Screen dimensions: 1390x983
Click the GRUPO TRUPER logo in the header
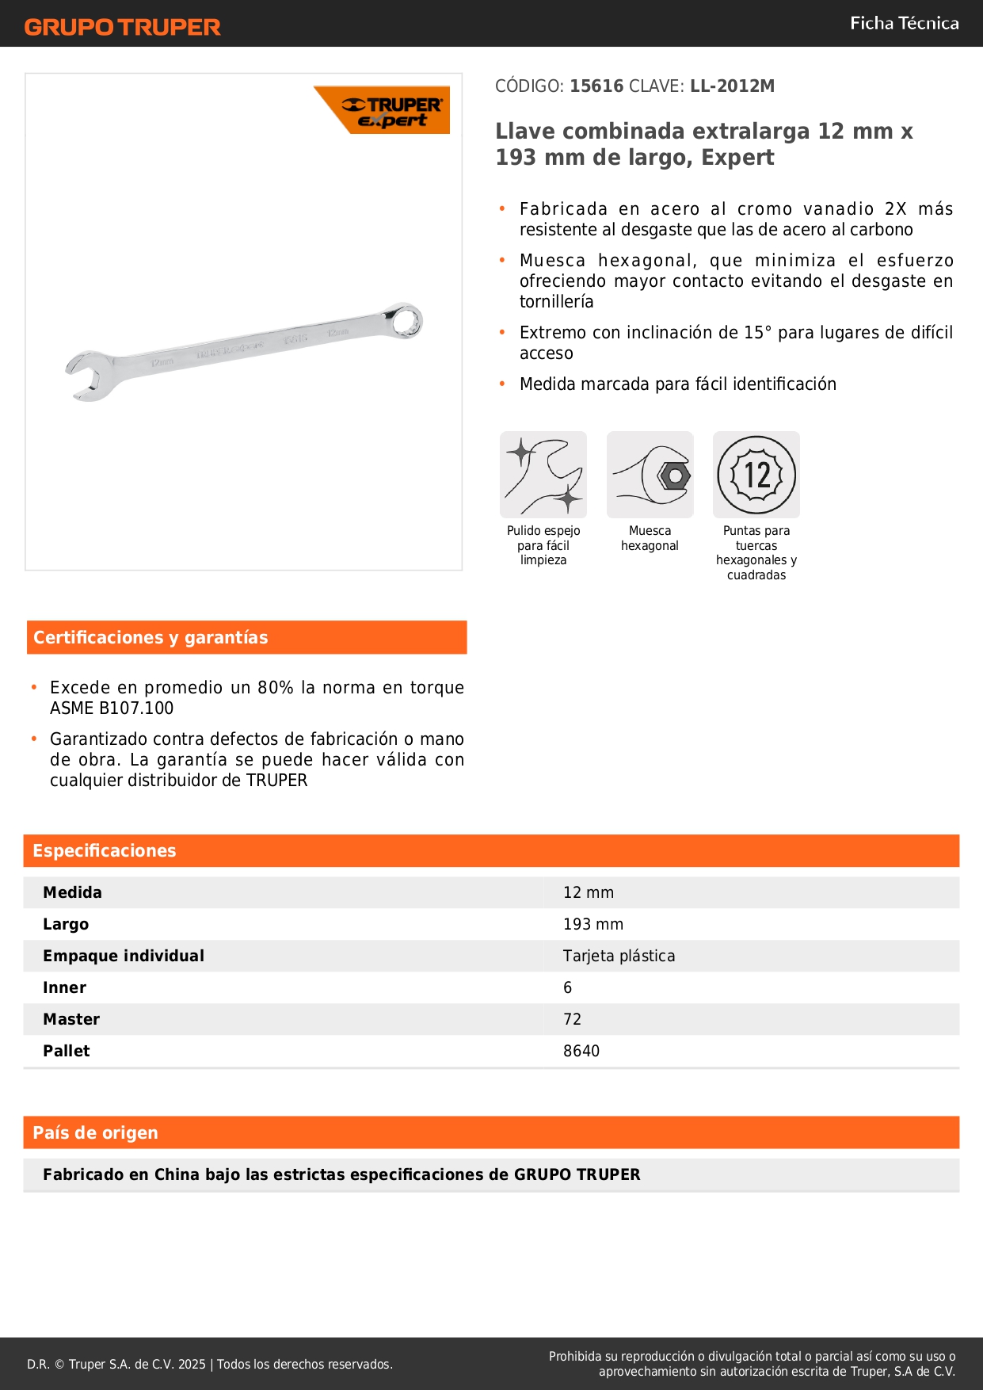pyautogui.click(x=122, y=27)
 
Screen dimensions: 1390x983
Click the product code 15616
pyautogui.click(x=596, y=86)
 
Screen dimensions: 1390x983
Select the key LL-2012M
pyautogui.click(x=732, y=86)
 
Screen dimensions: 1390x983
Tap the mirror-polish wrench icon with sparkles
pyautogui.click(x=543, y=475)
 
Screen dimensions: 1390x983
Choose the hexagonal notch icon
pyautogui.click(x=650, y=475)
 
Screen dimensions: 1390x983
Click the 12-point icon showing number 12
pyautogui.click(x=756, y=475)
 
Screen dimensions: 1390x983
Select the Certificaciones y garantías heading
pyautogui.click(x=150, y=637)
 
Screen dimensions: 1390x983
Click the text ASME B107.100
pyautogui.click(x=112, y=708)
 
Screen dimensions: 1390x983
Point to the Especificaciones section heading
pyautogui.click(x=105, y=850)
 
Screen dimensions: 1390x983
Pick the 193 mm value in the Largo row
pyautogui.click(x=593, y=924)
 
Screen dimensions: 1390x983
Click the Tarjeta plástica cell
pyautogui.click(x=619, y=956)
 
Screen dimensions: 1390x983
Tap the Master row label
pyautogui.click(x=71, y=1019)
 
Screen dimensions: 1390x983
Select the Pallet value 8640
pyautogui.click(x=581, y=1051)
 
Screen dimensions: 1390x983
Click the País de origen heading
pyautogui.click(x=95, y=1132)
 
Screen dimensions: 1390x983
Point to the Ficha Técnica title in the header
pyautogui.click(x=904, y=23)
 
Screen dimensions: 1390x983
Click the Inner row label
pyautogui.click(x=64, y=987)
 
